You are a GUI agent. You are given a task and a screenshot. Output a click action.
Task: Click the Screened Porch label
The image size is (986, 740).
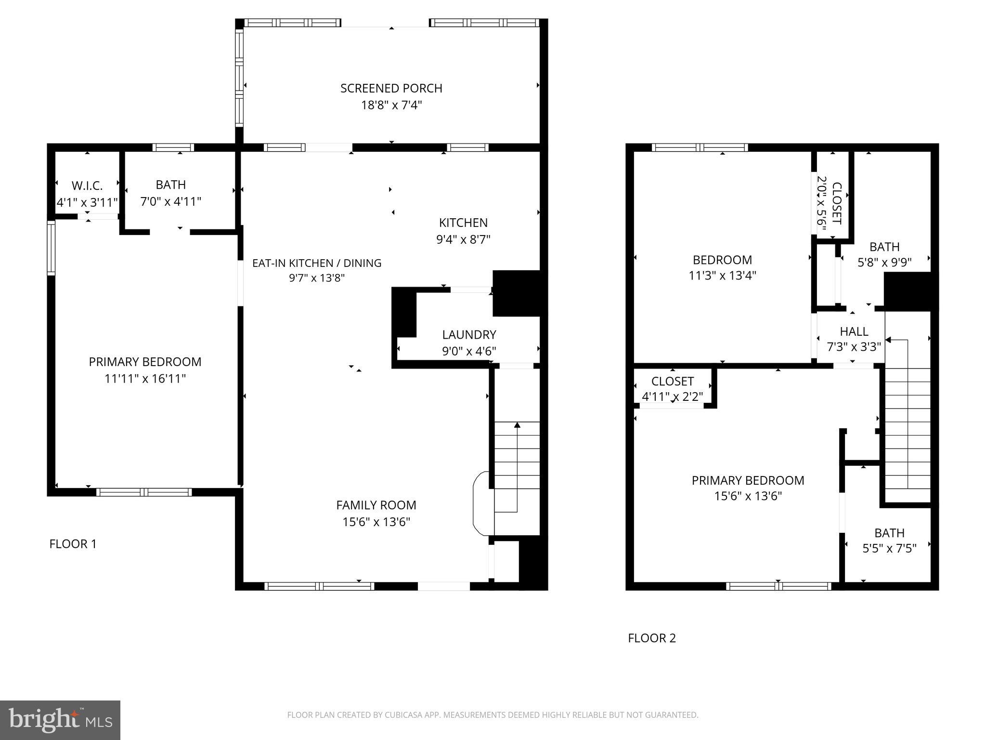tap(391, 88)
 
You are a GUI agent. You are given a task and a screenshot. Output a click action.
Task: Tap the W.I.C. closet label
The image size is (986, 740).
tap(87, 185)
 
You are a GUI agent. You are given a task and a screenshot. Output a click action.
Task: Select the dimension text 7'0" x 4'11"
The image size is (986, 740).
tap(170, 201)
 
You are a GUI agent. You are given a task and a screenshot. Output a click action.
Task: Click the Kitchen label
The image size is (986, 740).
tap(463, 223)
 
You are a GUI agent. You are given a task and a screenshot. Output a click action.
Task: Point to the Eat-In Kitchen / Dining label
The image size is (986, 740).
tap(317, 263)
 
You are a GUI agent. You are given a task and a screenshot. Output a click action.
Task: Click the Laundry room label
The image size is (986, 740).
tap(469, 334)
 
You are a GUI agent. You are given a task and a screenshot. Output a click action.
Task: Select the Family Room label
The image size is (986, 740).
tap(376, 505)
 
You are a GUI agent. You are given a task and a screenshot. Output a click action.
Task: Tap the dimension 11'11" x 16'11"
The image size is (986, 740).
tap(145, 379)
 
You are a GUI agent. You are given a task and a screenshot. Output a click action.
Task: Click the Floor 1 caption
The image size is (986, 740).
tap(73, 544)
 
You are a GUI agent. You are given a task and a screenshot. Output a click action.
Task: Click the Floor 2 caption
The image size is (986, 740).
tap(652, 638)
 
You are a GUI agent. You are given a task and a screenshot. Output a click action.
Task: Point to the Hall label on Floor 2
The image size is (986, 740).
tap(854, 331)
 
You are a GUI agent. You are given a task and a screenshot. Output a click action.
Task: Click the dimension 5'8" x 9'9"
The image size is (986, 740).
tap(884, 263)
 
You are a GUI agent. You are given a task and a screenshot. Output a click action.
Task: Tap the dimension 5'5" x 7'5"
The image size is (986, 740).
tap(889, 548)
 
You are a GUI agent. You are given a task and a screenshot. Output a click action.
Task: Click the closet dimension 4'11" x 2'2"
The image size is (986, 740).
tap(672, 396)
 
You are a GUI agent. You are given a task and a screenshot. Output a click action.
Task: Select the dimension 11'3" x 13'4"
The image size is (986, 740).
tap(722, 276)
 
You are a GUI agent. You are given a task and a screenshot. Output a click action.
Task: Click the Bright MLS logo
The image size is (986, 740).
tap(60, 720)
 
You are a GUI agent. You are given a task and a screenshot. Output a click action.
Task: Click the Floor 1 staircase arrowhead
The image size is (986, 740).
tap(517, 425)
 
